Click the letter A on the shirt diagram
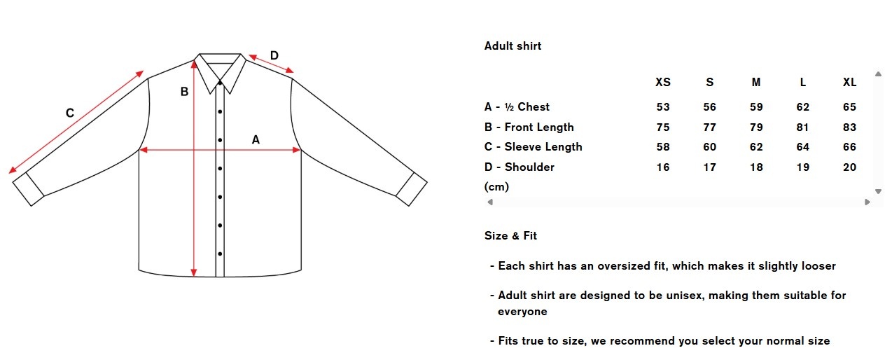pos(256,140)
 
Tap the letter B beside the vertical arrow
pos(185,91)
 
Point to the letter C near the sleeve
pos(70,113)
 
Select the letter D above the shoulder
pos(274,56)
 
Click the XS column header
pos(662,82)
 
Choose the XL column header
pos(849,82)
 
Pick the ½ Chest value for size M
pos(756,107)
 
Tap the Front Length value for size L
pos(802,127)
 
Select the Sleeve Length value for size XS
pos(662,147)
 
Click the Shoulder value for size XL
pos(849,167)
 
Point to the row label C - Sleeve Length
pos(533,147)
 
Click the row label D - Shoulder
pos(519,167)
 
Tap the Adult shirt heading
pos(513,46)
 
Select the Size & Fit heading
pos(510,236)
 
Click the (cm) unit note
pos(496,187)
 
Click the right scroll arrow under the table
pos(868,202)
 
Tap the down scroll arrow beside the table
pos(878,191)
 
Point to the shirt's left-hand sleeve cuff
pos(29,191)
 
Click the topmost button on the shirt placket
pos(220,84)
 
